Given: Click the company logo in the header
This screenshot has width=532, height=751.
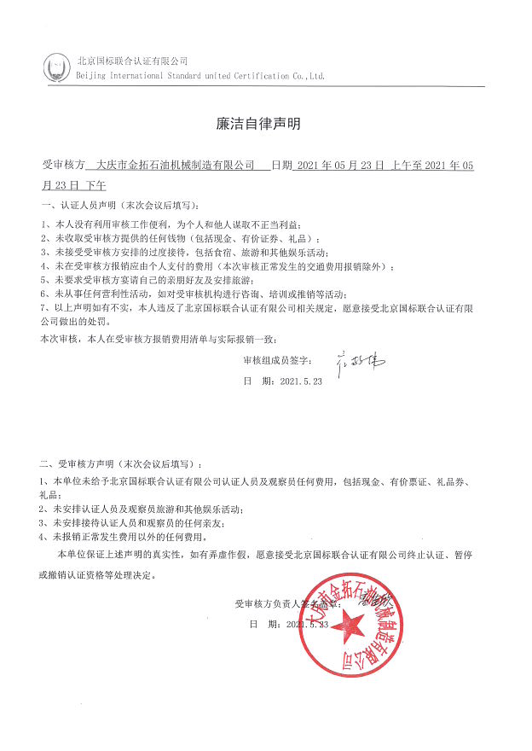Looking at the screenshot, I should point(57,66).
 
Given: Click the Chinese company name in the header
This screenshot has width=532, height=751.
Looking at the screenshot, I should point(132,61).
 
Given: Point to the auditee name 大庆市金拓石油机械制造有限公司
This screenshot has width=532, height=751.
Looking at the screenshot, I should point(176,166).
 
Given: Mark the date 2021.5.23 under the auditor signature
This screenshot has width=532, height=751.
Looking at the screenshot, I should point(301,382).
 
